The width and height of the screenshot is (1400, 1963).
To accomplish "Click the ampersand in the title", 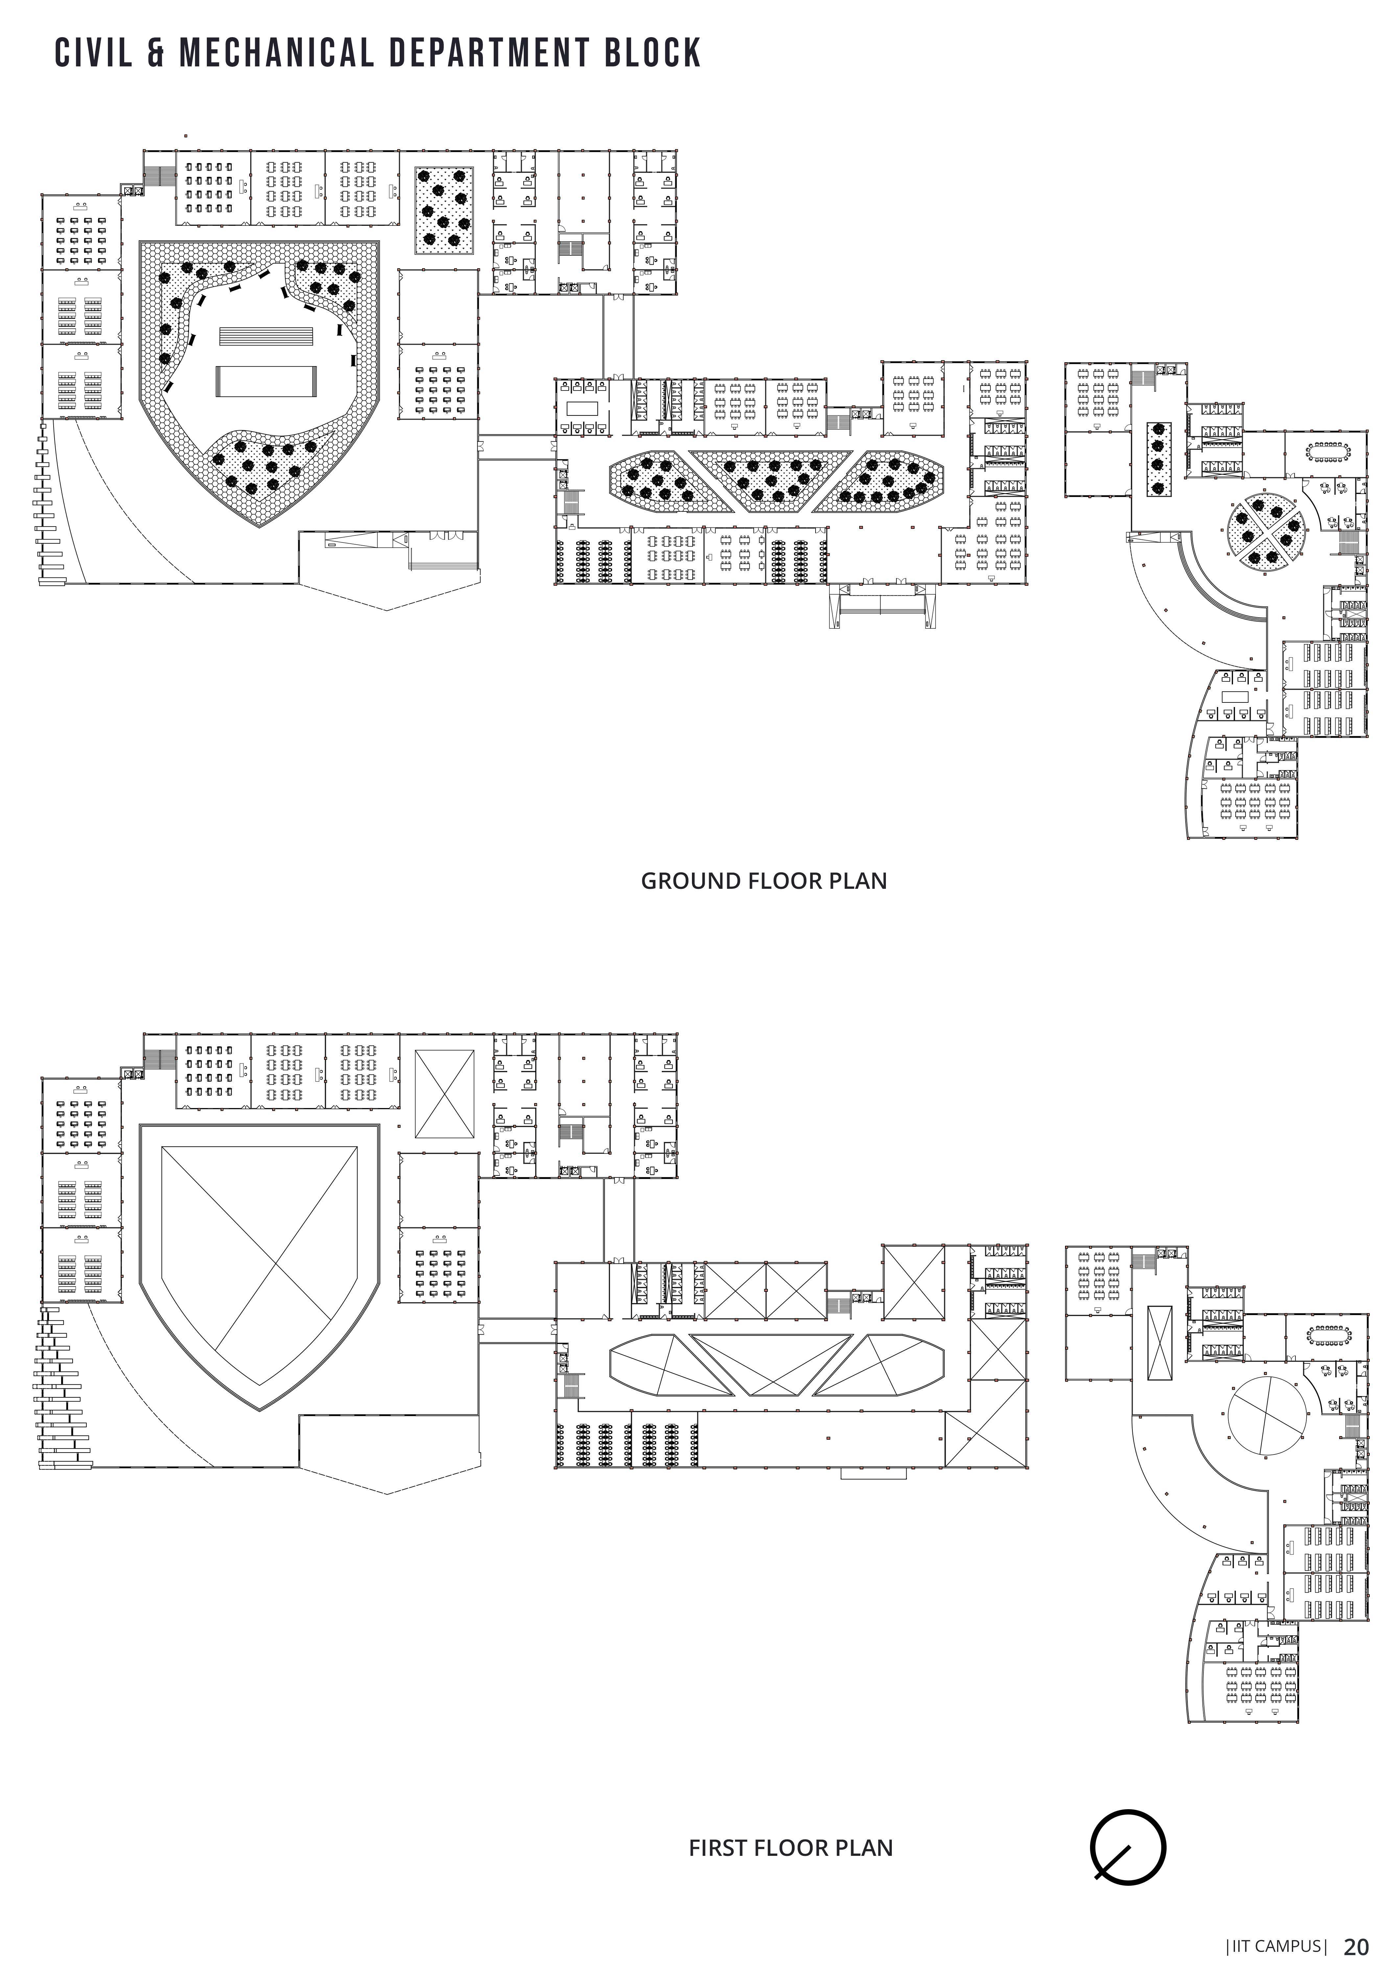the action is (156, 54).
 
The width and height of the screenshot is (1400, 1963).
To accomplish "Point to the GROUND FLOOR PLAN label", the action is (764, 881).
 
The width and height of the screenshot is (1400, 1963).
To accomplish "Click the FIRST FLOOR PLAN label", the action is (791, 1848).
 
